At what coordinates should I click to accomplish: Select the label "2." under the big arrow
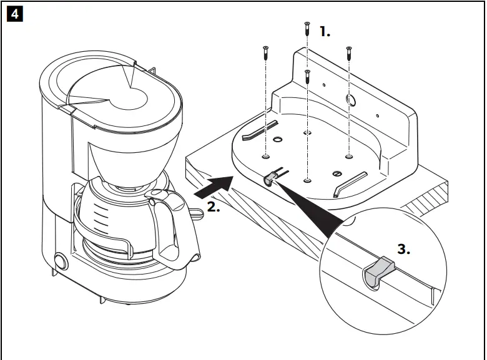[213, 207]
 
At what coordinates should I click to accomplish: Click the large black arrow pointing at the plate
[212, 188]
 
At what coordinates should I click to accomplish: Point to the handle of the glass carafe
[171, 231]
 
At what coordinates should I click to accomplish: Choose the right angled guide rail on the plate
[350, 184]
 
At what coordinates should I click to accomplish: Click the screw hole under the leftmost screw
[266, 156]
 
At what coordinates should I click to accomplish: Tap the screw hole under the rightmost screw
[349, 155]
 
